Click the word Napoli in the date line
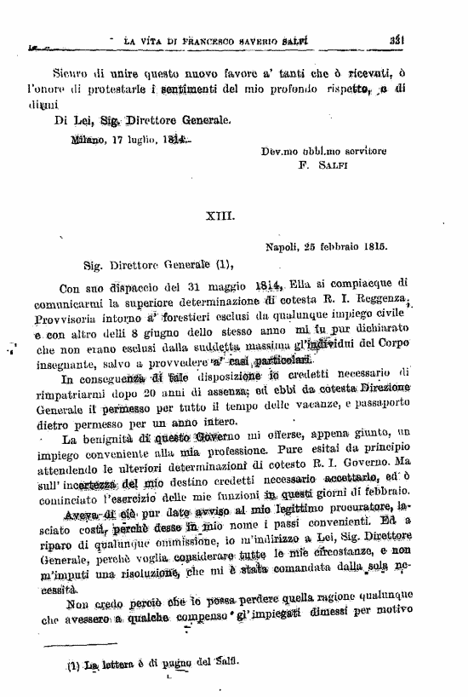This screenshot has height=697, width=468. [283, 247]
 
